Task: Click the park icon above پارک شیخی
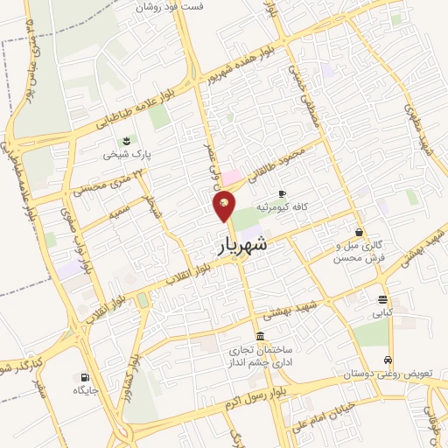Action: pyautogui.click(x=129, y=141)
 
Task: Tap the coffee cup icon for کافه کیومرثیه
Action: pyautogui.click(x=282, y=193)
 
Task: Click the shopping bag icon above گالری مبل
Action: pyautogui.click(x=360, y=233)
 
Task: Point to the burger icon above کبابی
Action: pyautogui.click(x=382, y=298)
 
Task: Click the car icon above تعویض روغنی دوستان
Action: pyautogui.click(x=388, y=360)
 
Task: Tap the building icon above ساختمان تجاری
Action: pyautogui.click(x=260, y=337)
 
